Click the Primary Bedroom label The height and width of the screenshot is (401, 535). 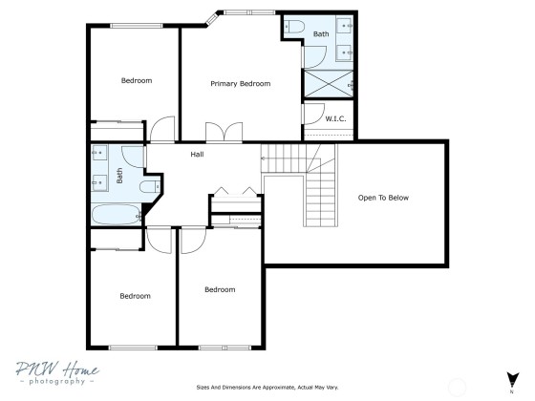[x=240, y=84]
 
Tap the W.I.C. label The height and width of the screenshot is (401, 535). [x=335, y=118]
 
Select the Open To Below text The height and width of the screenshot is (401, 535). [x=383, y=198]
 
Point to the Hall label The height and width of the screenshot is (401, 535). [x=197, y=155]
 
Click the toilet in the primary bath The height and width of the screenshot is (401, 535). [x=294, y=27]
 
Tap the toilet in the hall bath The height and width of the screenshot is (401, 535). [x=150, y=186]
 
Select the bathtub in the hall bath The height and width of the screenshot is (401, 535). [x=117, y=215]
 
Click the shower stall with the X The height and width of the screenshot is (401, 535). [x=329, y=84]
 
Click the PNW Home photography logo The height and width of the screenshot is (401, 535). [x=57, y=373]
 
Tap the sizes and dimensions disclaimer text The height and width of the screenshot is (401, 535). [x=267, y=388]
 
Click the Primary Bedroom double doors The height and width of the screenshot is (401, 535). [x=225, y=132]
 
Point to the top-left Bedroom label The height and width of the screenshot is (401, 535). [x=137, y=81]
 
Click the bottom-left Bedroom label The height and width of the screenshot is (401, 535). [x=135, y=296]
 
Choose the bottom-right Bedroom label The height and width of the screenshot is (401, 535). [x=220, y=290]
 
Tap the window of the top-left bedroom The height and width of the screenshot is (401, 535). [x=136, y=26]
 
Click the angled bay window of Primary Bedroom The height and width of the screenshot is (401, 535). [x=211, y=18]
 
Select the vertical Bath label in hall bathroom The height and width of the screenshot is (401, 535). [x=119, y=176]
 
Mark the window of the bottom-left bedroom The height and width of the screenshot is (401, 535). [x=133, y=348]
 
